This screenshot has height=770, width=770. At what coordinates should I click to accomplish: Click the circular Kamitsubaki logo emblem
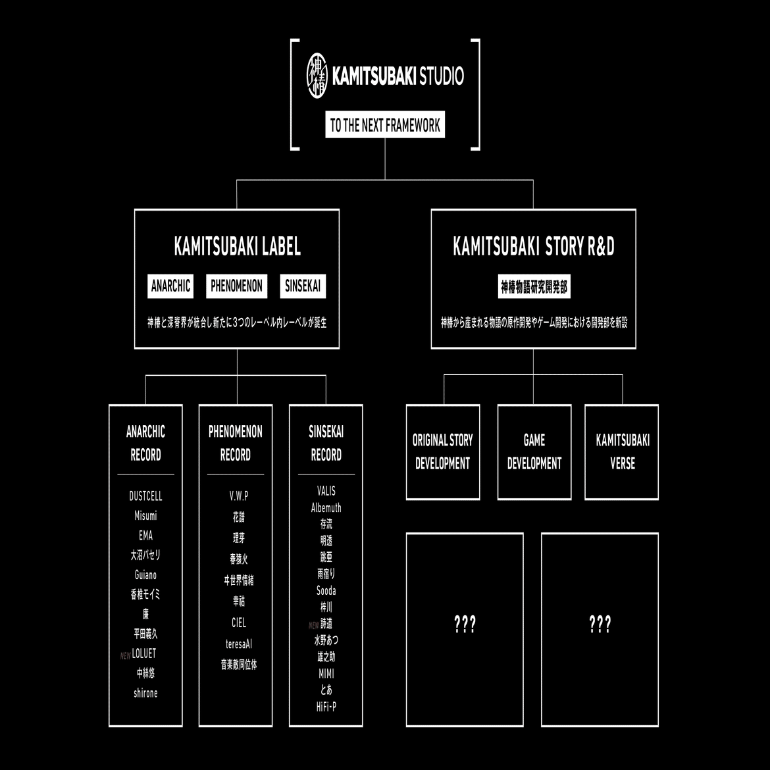tap(318, 76)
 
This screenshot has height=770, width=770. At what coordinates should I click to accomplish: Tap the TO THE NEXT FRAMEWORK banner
tap(385, 125)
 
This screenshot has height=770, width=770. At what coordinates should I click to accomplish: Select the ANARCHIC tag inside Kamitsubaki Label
tap(170, 286)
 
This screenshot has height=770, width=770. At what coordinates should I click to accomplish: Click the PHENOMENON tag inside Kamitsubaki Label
tap(236, 286)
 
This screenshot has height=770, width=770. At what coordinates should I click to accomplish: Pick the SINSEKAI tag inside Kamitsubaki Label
tap(303, 286)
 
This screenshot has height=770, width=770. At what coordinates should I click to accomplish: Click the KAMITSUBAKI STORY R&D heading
tap(533, 246)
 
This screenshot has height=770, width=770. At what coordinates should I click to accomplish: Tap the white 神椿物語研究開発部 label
tap(534, 287)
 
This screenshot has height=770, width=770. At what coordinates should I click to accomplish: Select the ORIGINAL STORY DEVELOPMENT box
tap(442, 451)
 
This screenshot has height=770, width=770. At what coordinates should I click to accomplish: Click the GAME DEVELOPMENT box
tap(534, 451)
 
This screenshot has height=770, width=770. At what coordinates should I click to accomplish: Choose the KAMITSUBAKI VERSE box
tap(622, 451)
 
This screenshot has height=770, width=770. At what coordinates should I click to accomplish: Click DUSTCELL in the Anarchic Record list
tap(145, 496)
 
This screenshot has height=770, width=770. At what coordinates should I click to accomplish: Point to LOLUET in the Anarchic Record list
tap(144, 654)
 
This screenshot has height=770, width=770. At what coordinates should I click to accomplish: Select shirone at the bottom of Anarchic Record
tap(145, 693)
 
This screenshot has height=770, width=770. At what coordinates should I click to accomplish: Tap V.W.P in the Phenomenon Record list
tap(238, 496)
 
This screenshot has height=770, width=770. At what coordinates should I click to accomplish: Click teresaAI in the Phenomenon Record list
tap(238, 644)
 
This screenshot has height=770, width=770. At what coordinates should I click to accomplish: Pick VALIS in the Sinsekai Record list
tap(326, 491)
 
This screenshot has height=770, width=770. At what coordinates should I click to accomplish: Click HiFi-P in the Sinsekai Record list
tap(326, 707)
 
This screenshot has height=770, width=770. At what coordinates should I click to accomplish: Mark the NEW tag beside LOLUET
tap(125, 656)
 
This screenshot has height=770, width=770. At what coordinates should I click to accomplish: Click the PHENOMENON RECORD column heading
tap(236, 443)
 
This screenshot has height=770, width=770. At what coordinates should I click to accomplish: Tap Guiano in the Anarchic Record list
tap(145, 575)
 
